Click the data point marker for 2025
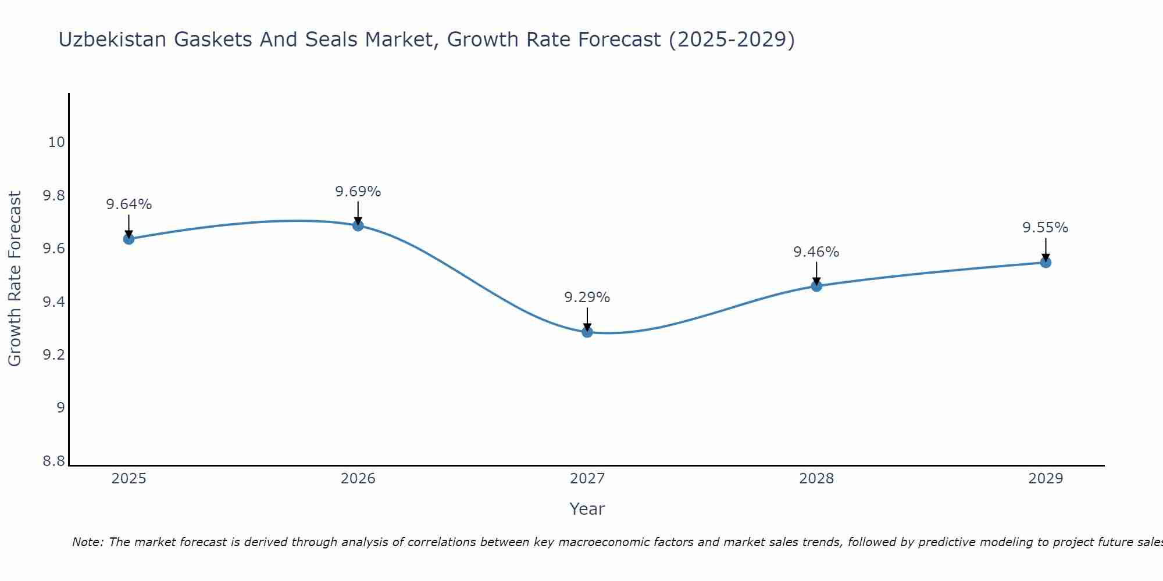129,239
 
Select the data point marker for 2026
358,225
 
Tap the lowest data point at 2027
587,332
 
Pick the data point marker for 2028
816,286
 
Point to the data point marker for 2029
1046,263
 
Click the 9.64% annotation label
129,205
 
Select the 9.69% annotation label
358,192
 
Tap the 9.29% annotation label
587,297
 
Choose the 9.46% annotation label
816,252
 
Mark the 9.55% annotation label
1046,228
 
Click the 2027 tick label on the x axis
587,479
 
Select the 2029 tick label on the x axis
1046,479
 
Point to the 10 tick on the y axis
56,142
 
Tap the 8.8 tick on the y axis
54,461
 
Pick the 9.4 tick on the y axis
54,302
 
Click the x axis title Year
587,509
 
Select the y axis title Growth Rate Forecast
15,279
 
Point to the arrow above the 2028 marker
816,273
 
